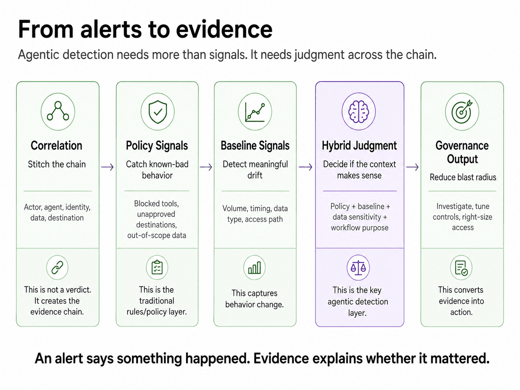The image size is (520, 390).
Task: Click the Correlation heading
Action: click(x=56, y=146)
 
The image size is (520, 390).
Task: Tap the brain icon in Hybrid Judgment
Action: click(x=358, y=112)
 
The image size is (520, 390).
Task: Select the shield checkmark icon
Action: click(x=158, y=112)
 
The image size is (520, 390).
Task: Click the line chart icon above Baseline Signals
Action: click(x=255, y=112)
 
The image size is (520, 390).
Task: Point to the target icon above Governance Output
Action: click(x=462, y=112)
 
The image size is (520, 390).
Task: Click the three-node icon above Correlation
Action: click(x=58, y=111)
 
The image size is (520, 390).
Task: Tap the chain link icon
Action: click(x=57, y=267)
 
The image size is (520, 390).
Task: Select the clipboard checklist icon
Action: click(x=157, y=267)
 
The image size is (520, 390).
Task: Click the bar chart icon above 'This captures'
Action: click(x=254, y=268)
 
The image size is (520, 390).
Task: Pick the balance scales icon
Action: click(x=358, y=268)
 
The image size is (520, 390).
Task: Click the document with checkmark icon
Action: click(x=461, y=268)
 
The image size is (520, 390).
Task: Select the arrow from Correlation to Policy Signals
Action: click(x=107, y=167)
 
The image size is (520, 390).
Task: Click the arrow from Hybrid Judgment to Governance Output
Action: click(x=412, y=167)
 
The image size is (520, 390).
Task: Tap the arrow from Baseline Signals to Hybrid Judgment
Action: click(x=305, y=167)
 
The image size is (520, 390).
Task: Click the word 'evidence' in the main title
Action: click(x=224, y=29)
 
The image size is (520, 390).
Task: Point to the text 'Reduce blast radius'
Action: click(x=463, y=177)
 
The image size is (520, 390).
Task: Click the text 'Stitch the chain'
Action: click(x=57, y=164)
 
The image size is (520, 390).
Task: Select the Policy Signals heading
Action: click(x=157, y=146)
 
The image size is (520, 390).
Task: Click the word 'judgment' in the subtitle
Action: click(x=319, y=55)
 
